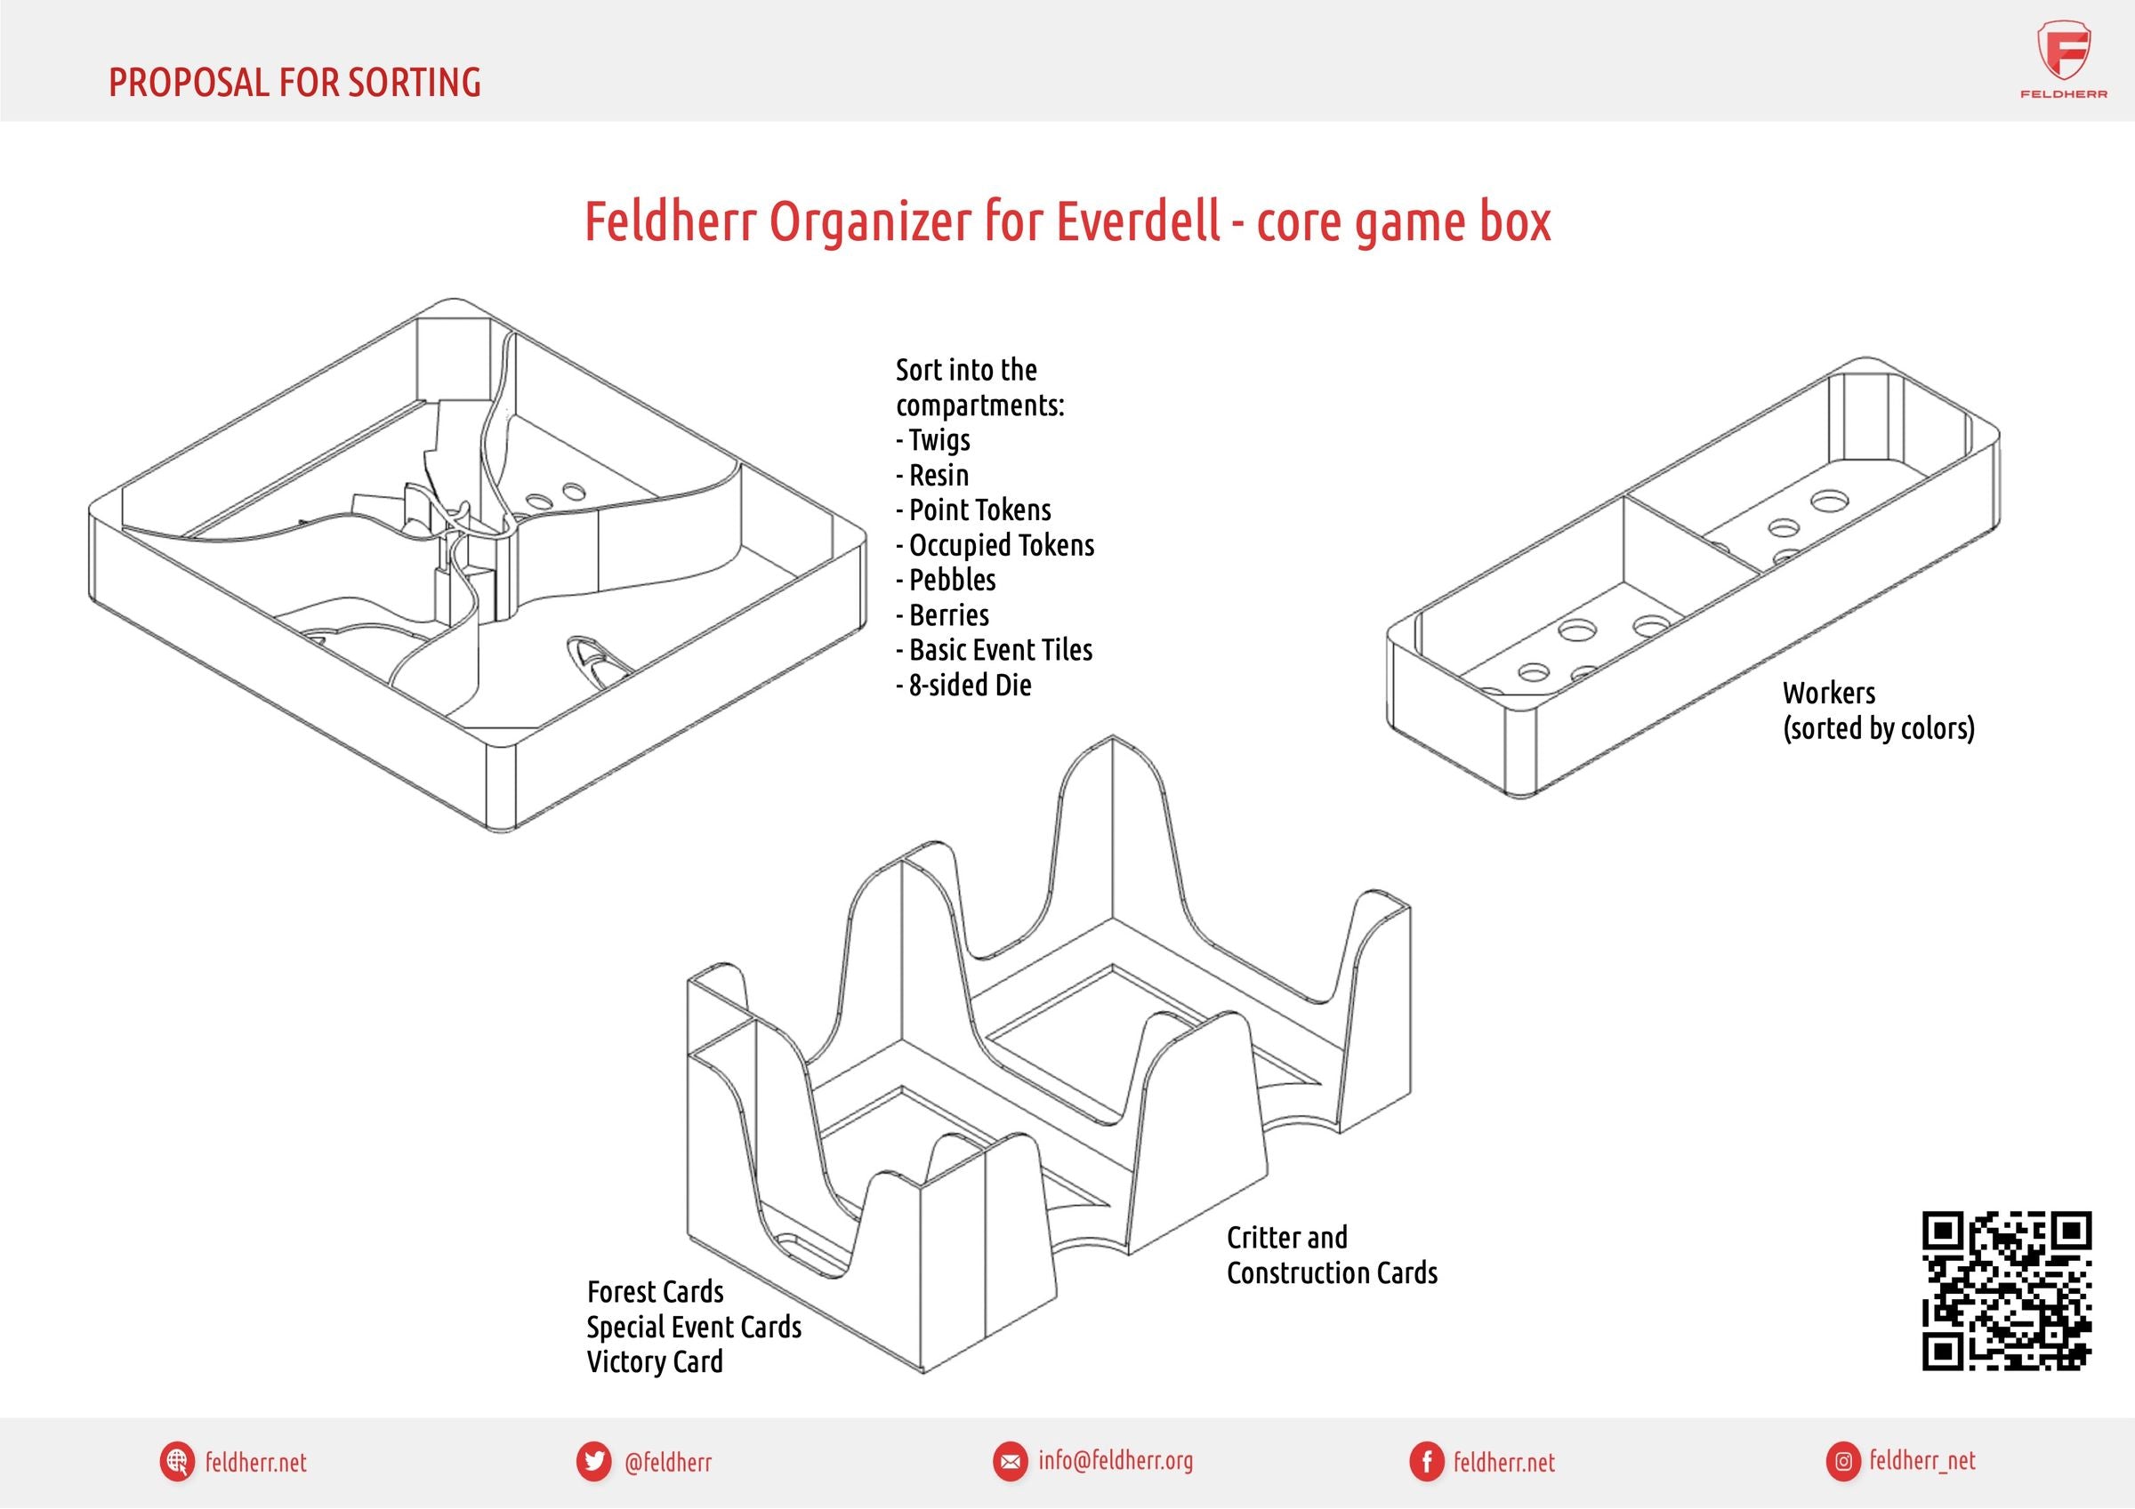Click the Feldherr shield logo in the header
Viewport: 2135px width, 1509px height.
(x=2064, y=54)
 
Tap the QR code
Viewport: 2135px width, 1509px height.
(x=2007, y=1290)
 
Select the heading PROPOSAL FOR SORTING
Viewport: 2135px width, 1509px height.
(x=294, y=82)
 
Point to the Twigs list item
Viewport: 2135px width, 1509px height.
(x=932, y=440)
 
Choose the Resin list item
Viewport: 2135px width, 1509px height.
(x=932, y=475)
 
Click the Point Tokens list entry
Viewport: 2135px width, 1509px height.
(x=973, y=510)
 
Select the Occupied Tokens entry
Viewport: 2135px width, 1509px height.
(x=995, y=545)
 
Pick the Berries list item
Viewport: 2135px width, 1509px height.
(x=942, y=615)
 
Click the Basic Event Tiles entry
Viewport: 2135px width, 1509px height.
(x=994, y=650)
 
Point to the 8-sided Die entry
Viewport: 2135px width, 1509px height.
(x=963, y=686)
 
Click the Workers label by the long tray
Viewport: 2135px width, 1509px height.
(x=1829, y=693)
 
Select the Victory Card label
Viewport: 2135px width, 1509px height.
(x=655, y=1362)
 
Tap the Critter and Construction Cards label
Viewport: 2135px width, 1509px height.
(x=1332, y=1256)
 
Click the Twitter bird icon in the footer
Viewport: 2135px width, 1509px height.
(x=592, y=1462)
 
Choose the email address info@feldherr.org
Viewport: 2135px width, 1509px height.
(x=1115, y=1461)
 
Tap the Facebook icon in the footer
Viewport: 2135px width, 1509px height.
(x=1425, y=1462)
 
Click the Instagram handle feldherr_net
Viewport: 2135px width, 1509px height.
(x=1922, y=1462)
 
